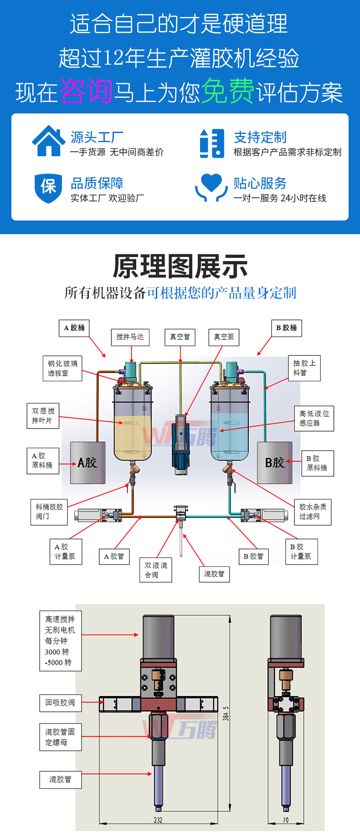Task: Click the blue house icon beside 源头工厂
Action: coord(48,141)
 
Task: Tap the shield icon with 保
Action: coord(48,187)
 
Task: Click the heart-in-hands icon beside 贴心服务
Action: coord(211,187)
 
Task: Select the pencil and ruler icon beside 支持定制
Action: coord(212,143)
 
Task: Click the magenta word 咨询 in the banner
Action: coord(86,91)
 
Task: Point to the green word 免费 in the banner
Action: coord(227,91)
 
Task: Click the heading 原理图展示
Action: coord(180,267)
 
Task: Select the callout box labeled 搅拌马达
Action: coord(130,337)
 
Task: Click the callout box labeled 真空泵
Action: coord(224,337)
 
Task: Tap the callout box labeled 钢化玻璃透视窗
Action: coord(63,368)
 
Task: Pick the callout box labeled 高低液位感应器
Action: coord(314,418)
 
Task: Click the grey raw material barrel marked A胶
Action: coord(87,462)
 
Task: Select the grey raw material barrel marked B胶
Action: coord(275,462)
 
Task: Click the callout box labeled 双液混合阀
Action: coord(156,570)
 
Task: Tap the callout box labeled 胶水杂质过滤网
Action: coord(313,512)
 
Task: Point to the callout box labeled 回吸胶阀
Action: coord(60,703)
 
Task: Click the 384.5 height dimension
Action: coord(226,713)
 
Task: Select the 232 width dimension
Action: coord(158,820)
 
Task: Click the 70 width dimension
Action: coord(286,820)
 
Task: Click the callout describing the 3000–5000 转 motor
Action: coord(60,641)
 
